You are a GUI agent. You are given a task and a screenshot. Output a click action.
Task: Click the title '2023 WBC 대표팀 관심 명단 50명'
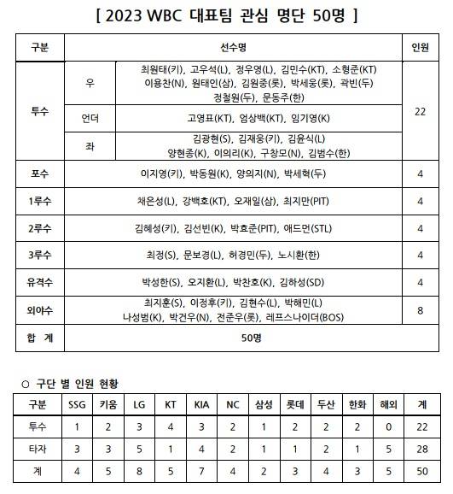click(226, 15)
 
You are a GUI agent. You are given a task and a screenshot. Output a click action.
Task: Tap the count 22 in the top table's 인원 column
click(421, 111)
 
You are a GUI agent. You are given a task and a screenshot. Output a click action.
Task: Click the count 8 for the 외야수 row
click(421, 310)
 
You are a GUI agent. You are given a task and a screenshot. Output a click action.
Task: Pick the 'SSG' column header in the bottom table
click(77, 404)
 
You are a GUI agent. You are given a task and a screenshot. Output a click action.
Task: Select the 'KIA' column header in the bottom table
click(200, 404)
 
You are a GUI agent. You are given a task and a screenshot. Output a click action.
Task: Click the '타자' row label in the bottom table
click(38, 448)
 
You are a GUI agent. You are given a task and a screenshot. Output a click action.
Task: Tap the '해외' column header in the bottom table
click(384, 404)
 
